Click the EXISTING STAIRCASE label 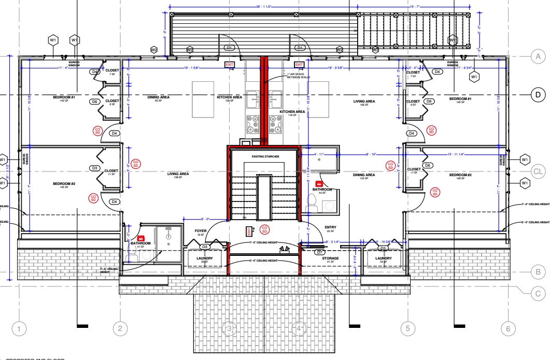(x=265, y=156)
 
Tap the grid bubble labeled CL (x=539, y=171)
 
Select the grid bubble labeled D (x=539, y=94)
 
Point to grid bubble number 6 (x=508, y=328)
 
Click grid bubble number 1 (x=19, y=328)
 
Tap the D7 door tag (x=320, y=252)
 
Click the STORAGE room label (x=330, y=258)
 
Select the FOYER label (x=201, y=231)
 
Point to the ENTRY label (x=330, y=227)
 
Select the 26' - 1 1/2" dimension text (x=264, y=7)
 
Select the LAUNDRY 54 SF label (x=384, y=259)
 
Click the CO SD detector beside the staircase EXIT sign (x=264, y=228)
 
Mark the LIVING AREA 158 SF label (x=178, y=175)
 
